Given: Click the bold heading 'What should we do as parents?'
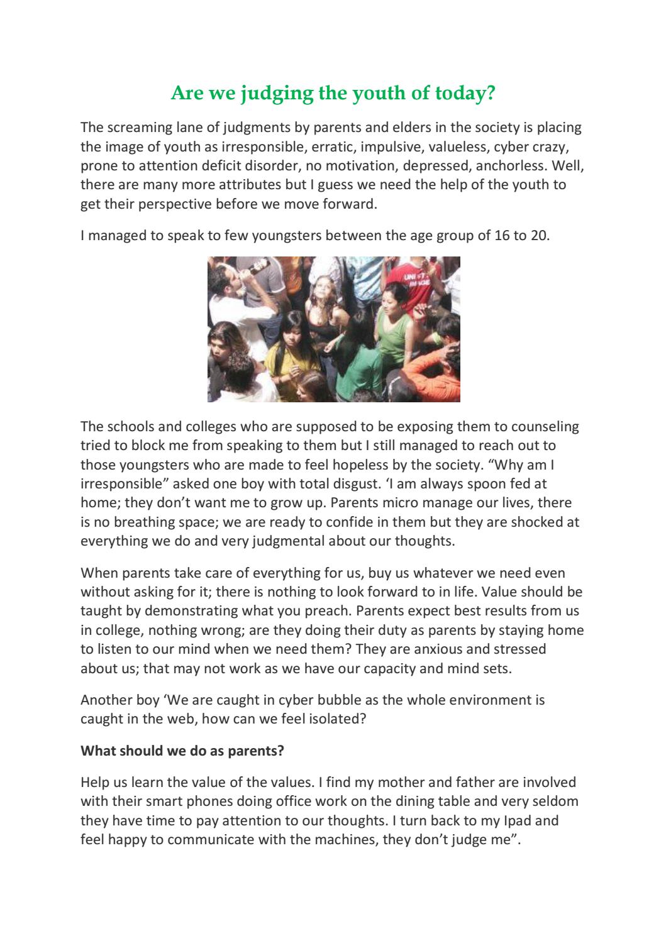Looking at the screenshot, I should (182, 751).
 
